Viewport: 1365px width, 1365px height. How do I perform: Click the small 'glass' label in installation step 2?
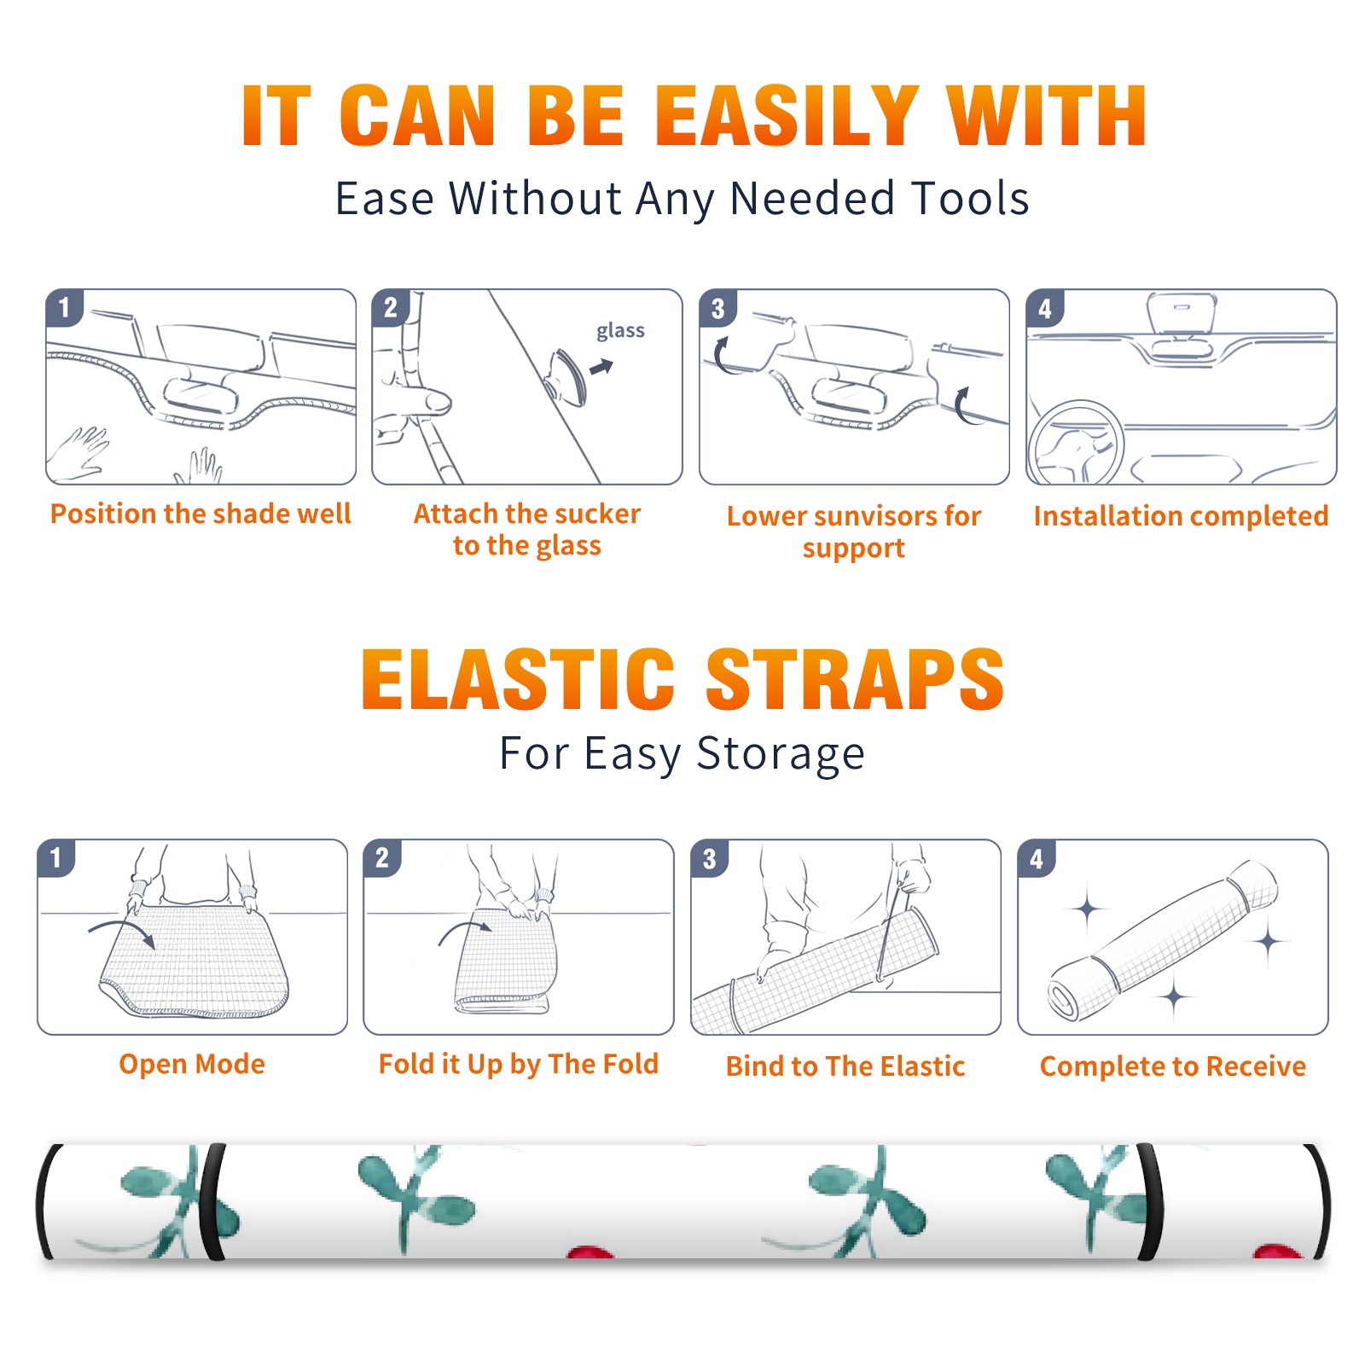[620, 331]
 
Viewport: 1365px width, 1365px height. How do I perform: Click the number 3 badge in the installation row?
[717, 308]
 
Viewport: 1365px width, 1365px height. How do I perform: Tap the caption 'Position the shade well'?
[200, 514]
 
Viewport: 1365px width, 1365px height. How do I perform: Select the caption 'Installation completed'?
[1181, 515]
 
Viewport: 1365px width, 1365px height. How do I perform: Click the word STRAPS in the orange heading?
[855, 679]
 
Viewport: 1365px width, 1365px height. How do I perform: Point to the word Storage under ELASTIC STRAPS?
[781, 754]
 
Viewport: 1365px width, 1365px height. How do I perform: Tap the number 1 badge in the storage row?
[56, 857]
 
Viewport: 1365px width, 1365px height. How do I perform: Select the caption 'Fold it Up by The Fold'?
[519, 1064]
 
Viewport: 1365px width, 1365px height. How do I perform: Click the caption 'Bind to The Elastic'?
[845, 1066]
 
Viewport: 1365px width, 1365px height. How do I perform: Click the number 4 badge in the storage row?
[1037, 858]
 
